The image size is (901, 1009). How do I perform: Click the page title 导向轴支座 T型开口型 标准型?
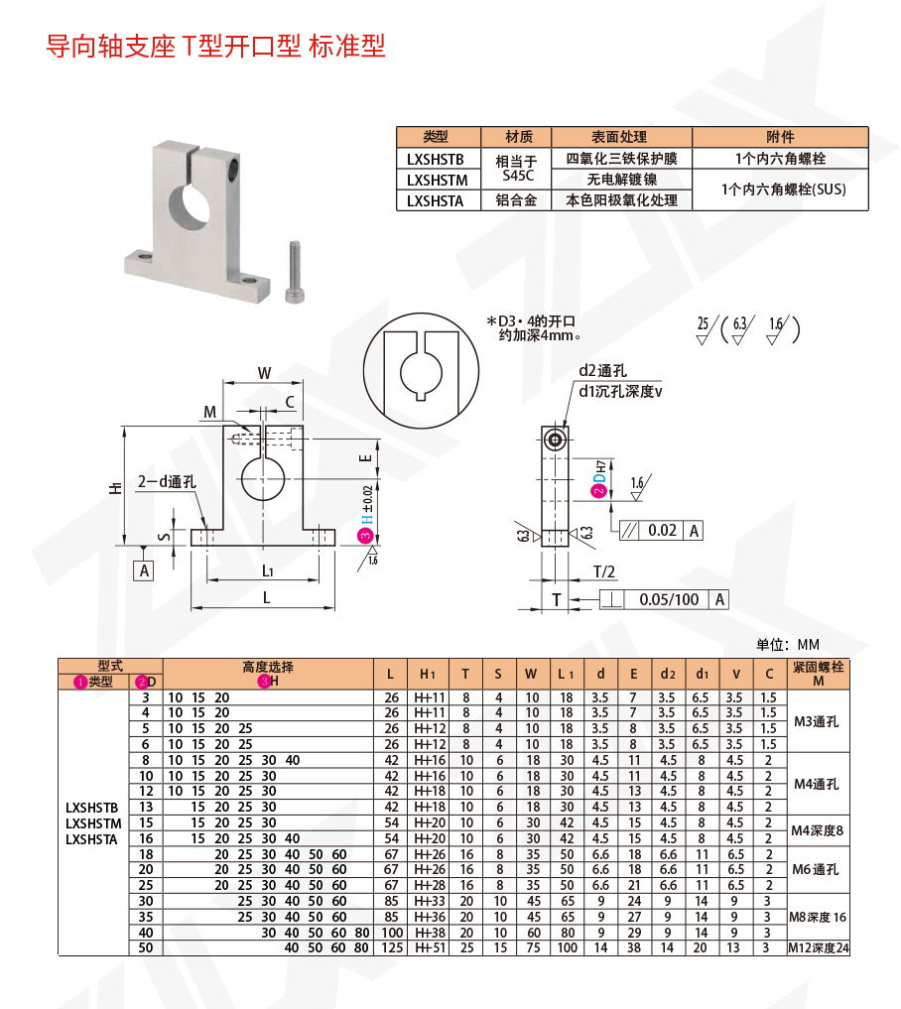coord(215,47)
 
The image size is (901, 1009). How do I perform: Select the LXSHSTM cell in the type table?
coord(435,180)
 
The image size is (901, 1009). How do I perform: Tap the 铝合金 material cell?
coord(515,200)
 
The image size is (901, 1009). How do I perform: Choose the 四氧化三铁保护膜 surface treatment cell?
coord(620,159)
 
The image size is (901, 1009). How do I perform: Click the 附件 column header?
coord(780,137)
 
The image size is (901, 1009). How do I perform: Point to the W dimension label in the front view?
coord(264,373)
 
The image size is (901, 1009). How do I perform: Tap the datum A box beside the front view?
coord(145,570)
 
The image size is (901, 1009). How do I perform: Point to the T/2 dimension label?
coord(604,570)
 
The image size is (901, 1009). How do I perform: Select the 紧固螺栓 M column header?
coord(818,674)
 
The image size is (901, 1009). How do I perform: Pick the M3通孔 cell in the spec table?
coord(817,721)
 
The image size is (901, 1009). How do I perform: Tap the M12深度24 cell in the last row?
coord(818,948)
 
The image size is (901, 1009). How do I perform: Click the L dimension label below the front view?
coord(266,597)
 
